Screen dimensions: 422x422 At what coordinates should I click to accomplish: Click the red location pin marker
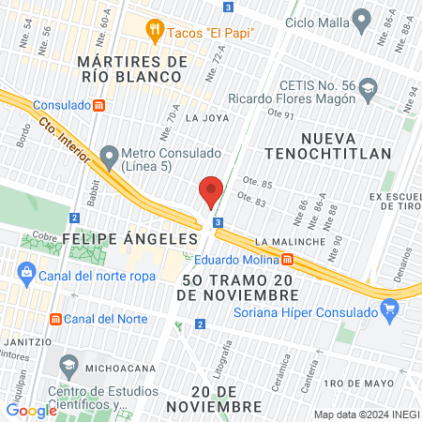(211, 191)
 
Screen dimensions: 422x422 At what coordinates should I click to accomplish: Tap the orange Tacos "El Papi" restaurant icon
(155, 31)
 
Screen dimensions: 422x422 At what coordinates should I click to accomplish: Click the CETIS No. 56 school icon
(368, 88)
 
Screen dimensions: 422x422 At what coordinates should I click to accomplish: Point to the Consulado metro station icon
(98, 104)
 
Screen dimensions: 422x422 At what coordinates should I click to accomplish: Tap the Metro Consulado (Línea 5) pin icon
(110, 155)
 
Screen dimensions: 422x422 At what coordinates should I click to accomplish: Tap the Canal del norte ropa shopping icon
(24, 273)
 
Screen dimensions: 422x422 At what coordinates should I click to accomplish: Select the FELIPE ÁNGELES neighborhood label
(129, 240)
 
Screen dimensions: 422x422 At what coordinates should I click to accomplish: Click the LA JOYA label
(206, 118)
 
